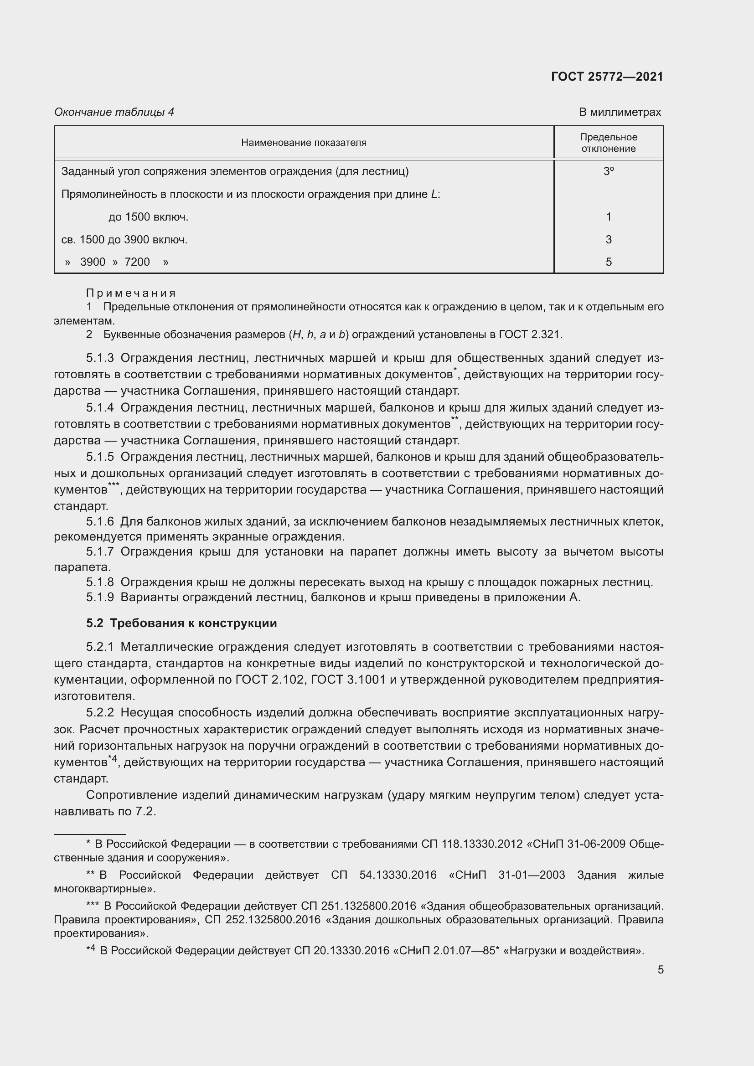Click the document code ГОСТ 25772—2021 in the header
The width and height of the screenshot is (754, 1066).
pos(607,77)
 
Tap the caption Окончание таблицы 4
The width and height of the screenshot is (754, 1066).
pos(114,112)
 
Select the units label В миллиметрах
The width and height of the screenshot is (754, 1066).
pos(620,112)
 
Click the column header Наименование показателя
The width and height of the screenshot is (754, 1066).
pos(304,143)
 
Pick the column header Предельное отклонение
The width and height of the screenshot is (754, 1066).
pos(608,143)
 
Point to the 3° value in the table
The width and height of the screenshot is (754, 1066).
pos(608,171)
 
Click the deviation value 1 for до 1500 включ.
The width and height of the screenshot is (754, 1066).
pos(608,217)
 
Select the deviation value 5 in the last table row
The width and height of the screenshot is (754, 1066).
pos(608,262)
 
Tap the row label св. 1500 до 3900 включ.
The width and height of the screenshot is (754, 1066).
pos(124,240)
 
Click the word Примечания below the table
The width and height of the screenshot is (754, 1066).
pos(131,293)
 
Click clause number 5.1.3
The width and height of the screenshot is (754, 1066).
pos(100,358)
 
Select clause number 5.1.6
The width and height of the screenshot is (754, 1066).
pos(100,522)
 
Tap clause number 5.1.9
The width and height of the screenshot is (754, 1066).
pos(100,597)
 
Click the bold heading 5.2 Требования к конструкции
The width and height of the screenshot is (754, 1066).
pos(181,623)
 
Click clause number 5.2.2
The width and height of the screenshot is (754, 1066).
pos(100,713)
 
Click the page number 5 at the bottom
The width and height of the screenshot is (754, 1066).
pos(660,969)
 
